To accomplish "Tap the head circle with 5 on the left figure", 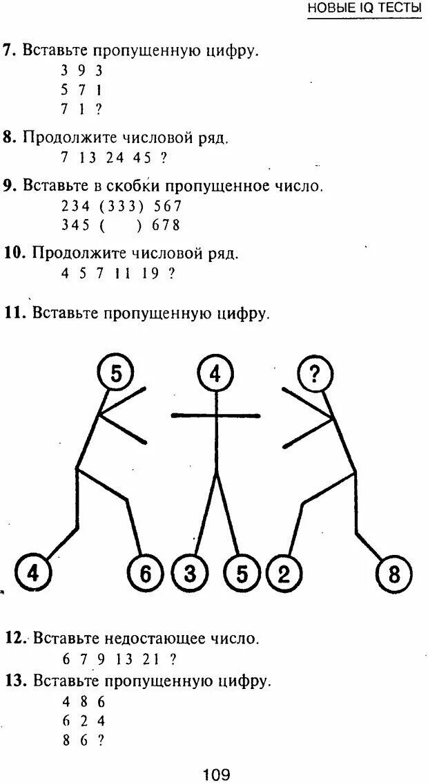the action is [116, 374].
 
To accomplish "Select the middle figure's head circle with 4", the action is [215, 374].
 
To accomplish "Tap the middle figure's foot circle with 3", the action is [189, 574].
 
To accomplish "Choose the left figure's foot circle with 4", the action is [31, 574].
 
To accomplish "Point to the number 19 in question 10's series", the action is [148, 273].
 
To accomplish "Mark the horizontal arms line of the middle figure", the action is [215, 416].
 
